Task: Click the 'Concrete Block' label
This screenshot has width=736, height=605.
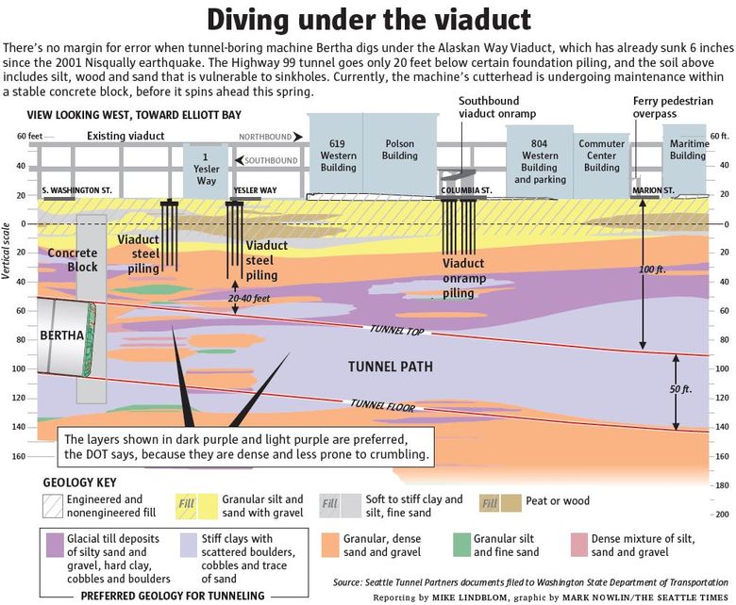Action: [x=72, y=260]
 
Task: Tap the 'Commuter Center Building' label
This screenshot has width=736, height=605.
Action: [x=601, y=155]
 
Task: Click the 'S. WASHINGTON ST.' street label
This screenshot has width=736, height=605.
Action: [x=77, y=190]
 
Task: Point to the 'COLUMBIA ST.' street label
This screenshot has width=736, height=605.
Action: [x=466, y=190]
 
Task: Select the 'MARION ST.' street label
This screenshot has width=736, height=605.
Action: [x=653, y=190]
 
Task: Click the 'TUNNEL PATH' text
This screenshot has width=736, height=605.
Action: [x=390, y=367]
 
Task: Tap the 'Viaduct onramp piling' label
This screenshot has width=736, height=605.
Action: [x=463, y=278]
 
